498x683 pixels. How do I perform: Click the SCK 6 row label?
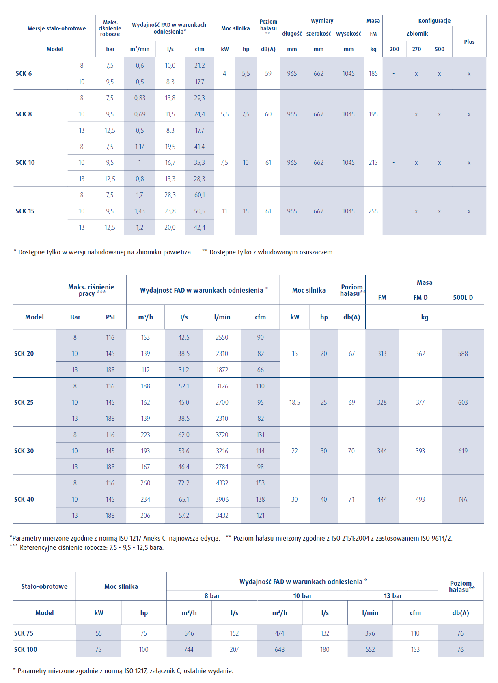tap(24, 73)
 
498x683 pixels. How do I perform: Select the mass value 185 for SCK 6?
tap(373, 73)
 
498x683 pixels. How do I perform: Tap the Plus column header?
tap(469, 42)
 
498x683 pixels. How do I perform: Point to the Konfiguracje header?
tap(434, 21)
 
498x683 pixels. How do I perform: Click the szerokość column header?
tap(319, 34)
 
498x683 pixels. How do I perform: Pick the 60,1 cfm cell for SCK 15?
tap(199, 195)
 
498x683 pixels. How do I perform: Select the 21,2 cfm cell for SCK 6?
tap(199, 65)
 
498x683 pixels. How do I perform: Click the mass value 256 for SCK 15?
tap(373, 211)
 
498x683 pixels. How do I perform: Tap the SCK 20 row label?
tap(24, 353)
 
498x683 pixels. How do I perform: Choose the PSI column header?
tap(110, 317)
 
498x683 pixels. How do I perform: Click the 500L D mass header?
tap(463, 297)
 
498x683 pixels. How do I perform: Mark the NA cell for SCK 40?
tap(463, 499)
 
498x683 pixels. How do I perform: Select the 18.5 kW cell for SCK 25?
tap(295, 402)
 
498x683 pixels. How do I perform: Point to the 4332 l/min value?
tap(222, 483)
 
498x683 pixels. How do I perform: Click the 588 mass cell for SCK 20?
tap(463, 353)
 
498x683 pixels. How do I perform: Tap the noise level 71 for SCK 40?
tap(351, 499)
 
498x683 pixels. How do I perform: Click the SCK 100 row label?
tap(26, 649)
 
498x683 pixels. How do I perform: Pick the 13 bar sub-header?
tap(393, 596)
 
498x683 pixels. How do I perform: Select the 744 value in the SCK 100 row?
tap(189, 649)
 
